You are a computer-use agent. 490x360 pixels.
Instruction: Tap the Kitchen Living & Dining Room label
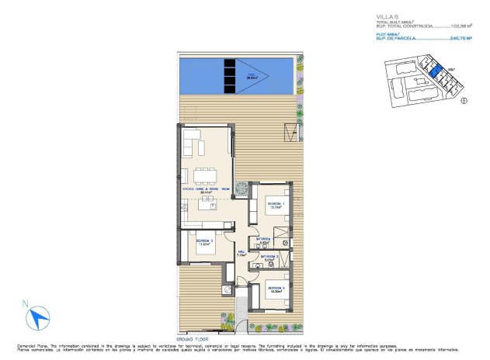click(x=205, y=189)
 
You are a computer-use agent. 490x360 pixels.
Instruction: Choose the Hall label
click(x=241, y=253)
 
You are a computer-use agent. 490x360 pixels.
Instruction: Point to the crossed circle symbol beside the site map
click(x=464, y=99)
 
